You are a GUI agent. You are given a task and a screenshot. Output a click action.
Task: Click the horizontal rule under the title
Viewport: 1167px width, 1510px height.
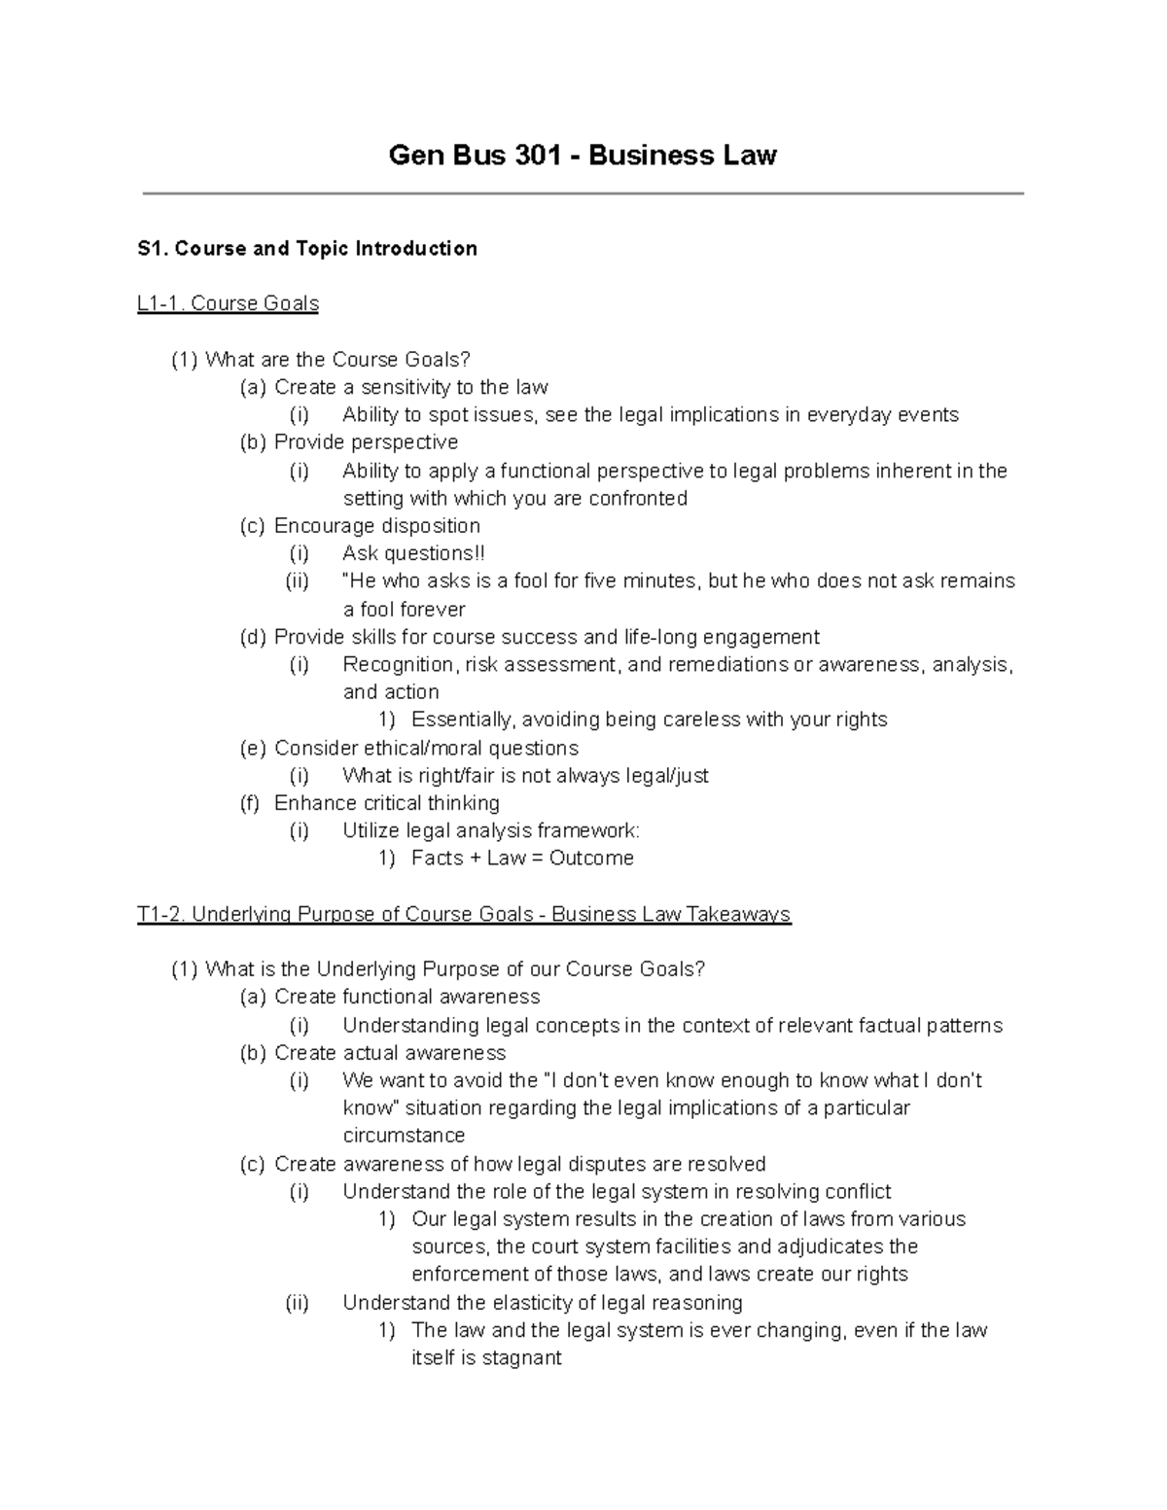[x=583, y=194]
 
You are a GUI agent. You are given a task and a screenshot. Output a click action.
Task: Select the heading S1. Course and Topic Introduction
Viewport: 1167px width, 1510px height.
[x=307, y=249]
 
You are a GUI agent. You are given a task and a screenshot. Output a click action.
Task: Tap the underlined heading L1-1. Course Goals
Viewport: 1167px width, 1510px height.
[x=228, y=303]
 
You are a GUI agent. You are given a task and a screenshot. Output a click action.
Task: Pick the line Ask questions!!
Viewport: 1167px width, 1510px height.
[x=413, y=553]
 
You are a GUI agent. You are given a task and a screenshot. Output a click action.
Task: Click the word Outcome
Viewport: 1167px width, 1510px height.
[x=591, y=859]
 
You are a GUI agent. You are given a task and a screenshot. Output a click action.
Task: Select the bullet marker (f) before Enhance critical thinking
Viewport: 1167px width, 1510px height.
[x=250, y=803]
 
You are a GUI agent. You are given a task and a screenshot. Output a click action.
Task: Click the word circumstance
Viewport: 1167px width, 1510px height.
[x=404, y=1136]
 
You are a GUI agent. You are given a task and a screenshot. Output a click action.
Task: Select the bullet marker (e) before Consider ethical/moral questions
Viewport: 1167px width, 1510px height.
[x=252, y=748]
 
